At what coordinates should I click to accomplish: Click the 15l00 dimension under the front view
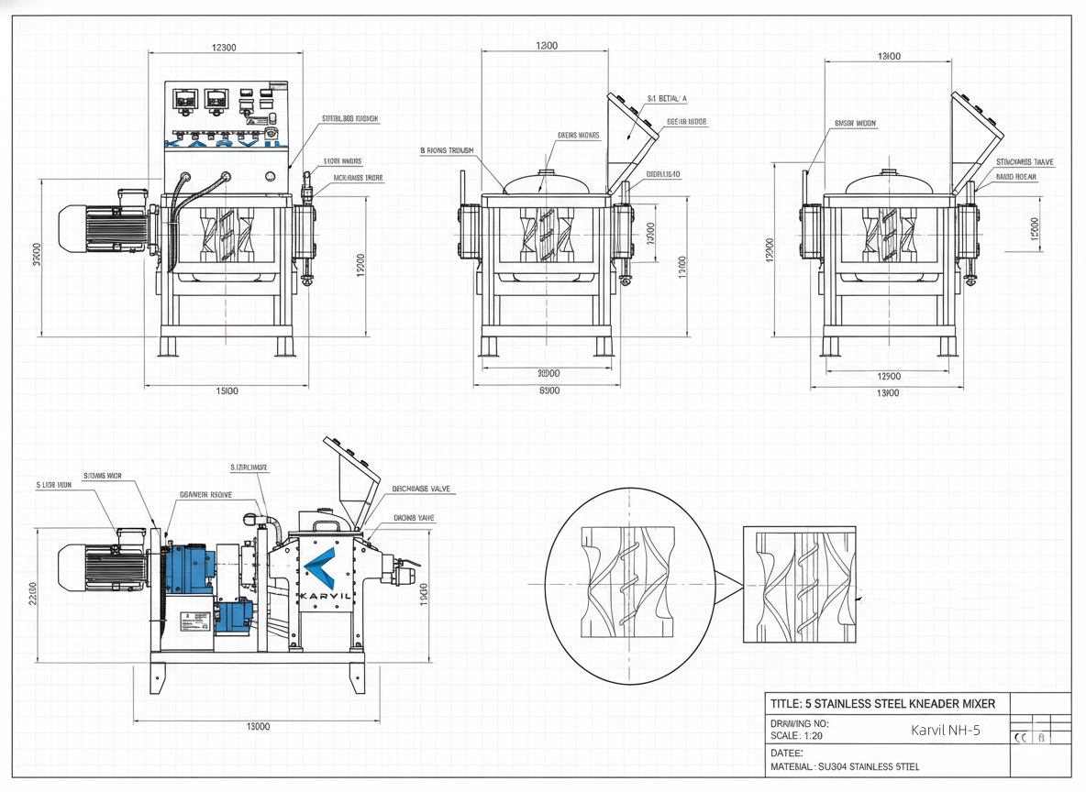point(227,391)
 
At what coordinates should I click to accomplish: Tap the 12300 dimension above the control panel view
point(224,49)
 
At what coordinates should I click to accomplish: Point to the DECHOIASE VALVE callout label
point(421,489)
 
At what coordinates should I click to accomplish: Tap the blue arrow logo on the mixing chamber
point(318,571)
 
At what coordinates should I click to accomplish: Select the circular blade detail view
point(629,585)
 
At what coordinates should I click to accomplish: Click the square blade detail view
point(798,583)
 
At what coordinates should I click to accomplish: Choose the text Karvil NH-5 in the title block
point(945,731)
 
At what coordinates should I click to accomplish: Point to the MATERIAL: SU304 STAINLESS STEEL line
point(844,766)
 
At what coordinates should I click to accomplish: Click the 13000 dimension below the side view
point(259,727)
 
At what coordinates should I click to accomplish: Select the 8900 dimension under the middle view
point(548,391)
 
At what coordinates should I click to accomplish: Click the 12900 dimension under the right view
point(888,377)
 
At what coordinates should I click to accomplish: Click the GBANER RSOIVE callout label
point(205,493)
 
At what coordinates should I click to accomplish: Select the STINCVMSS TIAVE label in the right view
point(1025,162)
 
